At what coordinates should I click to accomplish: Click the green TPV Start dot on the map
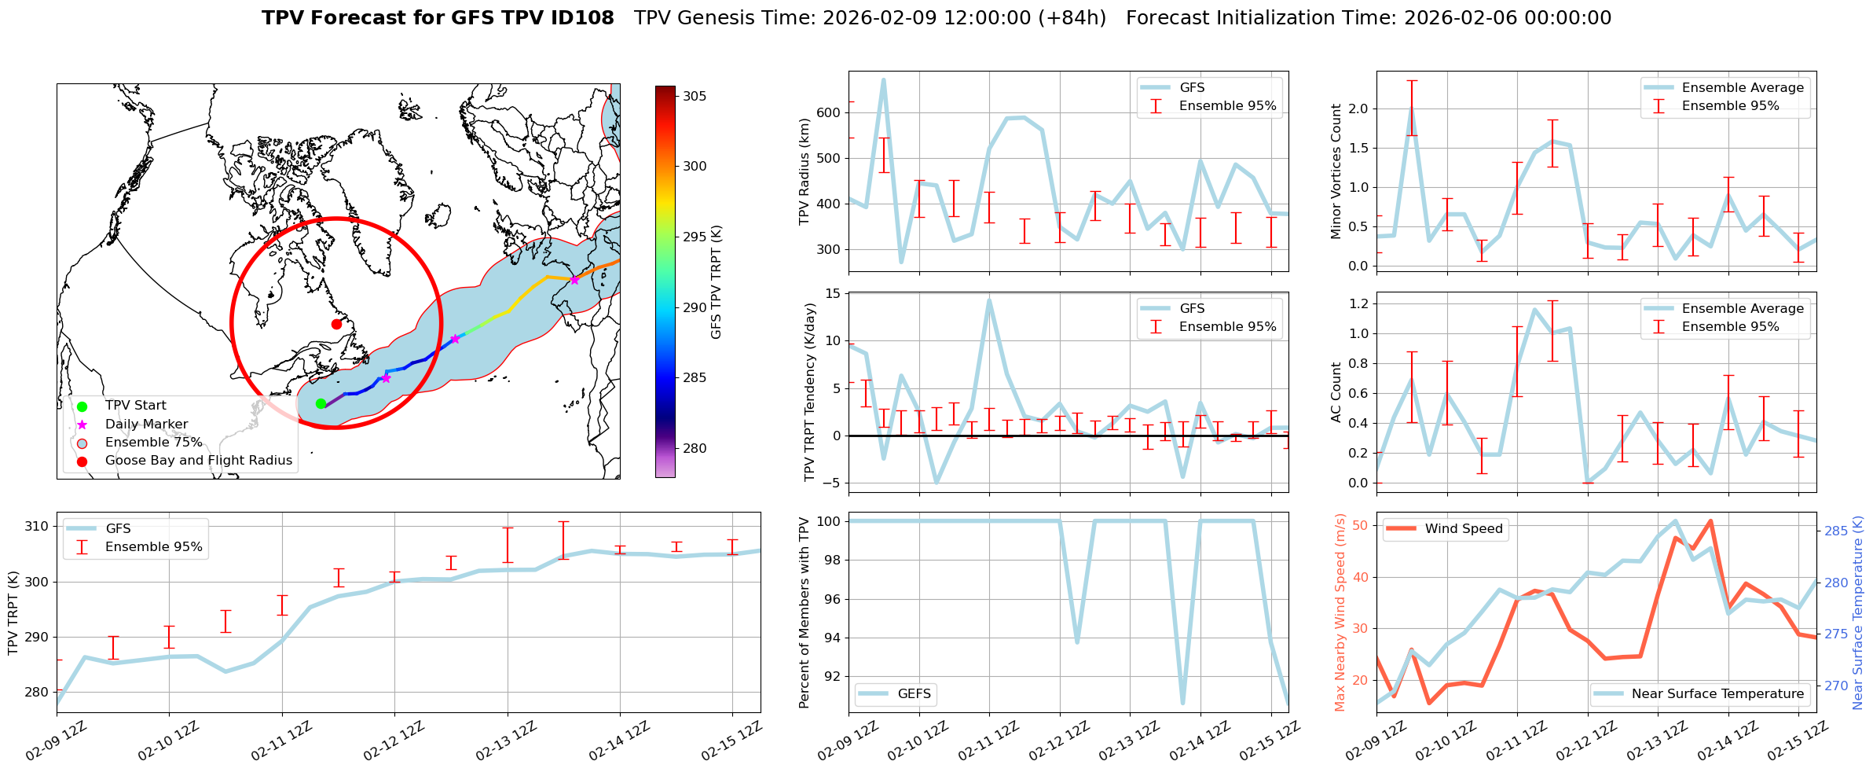tap(321, 403)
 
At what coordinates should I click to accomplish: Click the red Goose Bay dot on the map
tap(336, 324)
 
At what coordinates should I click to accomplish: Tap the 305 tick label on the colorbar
tap(695, 96)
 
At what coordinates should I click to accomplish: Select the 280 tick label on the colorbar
tap(695, 448)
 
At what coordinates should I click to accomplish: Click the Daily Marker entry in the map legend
tap(146, 424)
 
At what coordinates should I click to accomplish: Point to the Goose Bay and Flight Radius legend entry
tap(198, 460)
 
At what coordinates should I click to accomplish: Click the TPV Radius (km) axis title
tap(804, 171)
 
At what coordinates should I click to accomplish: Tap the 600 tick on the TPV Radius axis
tap(829, 112)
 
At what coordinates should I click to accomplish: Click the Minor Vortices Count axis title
tap(1336, 171)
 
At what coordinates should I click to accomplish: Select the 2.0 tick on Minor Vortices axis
tap(1358, 108)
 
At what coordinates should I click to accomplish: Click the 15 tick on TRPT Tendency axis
tap(832, 294)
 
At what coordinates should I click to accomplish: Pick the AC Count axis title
tap(1336, 392)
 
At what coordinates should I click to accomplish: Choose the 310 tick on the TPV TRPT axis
tap(37, 526)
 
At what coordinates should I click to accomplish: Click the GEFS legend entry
tap(914, 693)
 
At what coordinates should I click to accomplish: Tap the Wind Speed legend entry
tap(1463, 528)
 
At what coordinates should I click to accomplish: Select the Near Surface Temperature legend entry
tap(1717, 693)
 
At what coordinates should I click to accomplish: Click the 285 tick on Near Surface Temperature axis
tap(1836, 531)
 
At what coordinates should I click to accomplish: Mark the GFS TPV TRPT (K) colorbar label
tap(716, 282)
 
